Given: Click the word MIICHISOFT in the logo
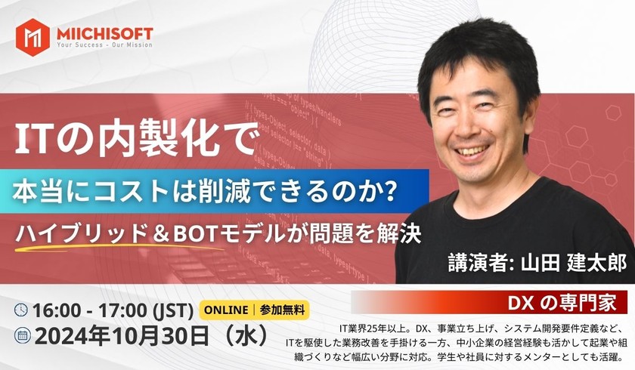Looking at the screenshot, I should click(x=104, y=33).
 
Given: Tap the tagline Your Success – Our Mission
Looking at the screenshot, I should click(x=104, y=45).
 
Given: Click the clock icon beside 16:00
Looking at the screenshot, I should click(x=21, y=310).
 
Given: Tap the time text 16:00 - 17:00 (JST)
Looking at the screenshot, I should click(x=110, y=310).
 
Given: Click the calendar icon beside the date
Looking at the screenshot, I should click(x=21, y=334).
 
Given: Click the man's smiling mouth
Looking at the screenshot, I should click(x=473, y=150).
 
